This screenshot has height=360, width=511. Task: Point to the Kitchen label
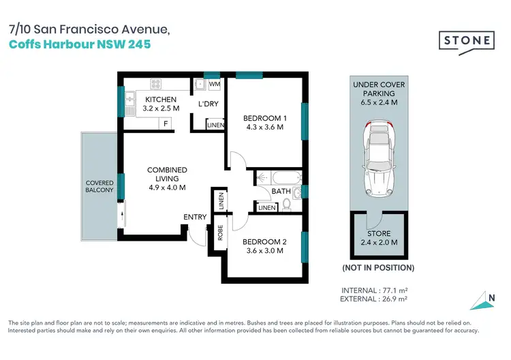pyautogui.click(x=161, y=100)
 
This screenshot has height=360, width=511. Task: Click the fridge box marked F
pyautogui.click(x=164, y=123)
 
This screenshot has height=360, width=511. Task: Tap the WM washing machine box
pyautogui.click(x=214, y=85)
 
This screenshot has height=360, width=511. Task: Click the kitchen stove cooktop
pyautogui.click(x=155, y=85)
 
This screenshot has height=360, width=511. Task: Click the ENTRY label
pyautogui.click(x=195, y=217)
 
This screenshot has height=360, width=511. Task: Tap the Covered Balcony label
pyautogui.click(x=99, y=187)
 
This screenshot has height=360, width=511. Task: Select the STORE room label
pyautogui.click(x=380, y=234)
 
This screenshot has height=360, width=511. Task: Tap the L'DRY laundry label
pyautogui.click(x=208, y=104)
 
